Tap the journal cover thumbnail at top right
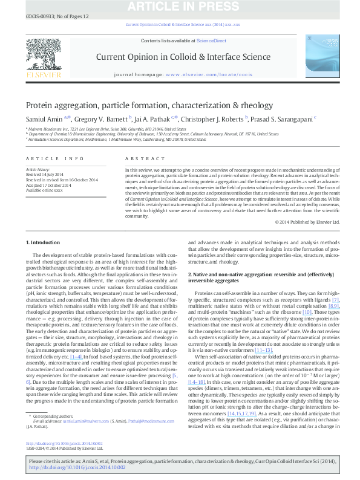point(319,57)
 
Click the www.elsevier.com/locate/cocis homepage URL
point(208,74)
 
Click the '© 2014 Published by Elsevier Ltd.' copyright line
point(307,222)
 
